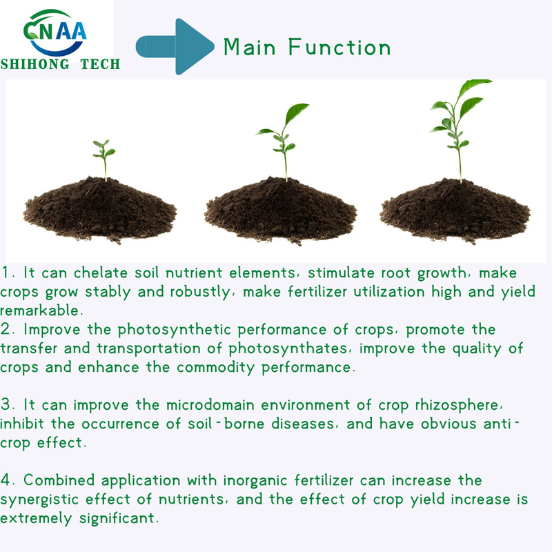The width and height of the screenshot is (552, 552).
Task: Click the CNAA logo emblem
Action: (55, 32)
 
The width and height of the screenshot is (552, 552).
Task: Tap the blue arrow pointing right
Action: (175, 46)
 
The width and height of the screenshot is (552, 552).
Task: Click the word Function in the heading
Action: (339, 47)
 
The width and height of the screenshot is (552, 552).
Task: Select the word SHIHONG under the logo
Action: (35, 64)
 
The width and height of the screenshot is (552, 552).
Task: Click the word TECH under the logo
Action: (100, 64)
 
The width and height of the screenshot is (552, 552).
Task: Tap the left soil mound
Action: (100, 210)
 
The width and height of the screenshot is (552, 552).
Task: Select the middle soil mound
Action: (281, 210)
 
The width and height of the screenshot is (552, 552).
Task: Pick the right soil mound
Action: (455, 210)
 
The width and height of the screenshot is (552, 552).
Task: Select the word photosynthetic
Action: (175, 331)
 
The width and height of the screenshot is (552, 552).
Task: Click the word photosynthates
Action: (288, 349)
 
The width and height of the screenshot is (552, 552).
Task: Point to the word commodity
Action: (215, 368)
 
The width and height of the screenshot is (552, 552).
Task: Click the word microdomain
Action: (210, 405)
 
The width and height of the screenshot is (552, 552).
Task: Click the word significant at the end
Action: (117, 519)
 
